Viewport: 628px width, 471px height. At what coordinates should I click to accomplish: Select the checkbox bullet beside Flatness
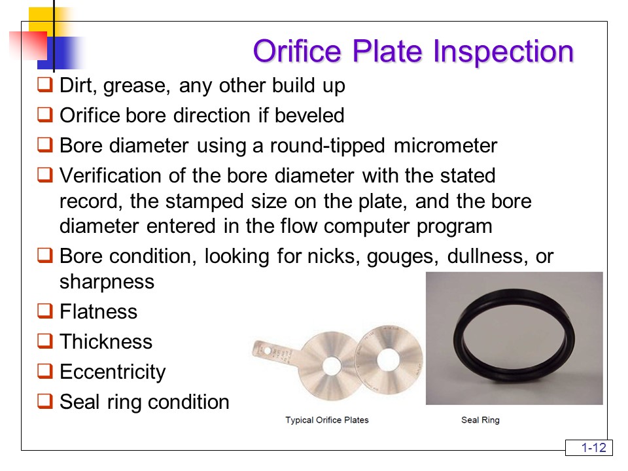tap(45, 310)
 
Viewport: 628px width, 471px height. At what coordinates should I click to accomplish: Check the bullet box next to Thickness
tap(45, 340)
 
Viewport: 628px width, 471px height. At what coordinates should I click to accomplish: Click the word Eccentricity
tap(113, 372)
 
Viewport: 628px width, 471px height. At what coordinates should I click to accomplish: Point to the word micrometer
tap(445, 145)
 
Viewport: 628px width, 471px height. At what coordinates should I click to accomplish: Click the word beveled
tap(309, 115)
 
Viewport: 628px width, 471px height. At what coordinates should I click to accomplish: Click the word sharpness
tap(107, 282)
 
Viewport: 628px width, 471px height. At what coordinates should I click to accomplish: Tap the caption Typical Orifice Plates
tap(327, 420)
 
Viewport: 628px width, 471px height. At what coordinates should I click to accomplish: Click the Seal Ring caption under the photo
tap(480, 420)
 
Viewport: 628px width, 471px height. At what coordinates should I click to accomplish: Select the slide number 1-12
tap(593, 447)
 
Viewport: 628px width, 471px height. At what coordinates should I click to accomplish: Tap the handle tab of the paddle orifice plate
tap(276, 353)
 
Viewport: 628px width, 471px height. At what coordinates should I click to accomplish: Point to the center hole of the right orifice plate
tap(388, 359)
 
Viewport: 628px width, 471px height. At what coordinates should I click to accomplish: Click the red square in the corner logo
tap(28, 45)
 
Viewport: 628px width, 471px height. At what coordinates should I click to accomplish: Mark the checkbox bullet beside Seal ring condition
tap(45, 400)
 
